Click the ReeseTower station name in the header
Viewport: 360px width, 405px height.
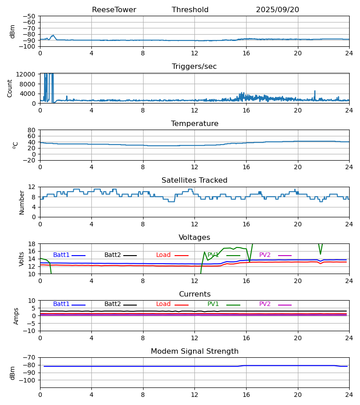[114, 10]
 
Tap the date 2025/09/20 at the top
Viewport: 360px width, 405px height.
[277, 10]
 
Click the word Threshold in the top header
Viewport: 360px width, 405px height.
[190, 10]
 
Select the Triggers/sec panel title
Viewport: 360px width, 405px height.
[194, 67]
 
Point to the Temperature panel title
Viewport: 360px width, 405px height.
[194, 124]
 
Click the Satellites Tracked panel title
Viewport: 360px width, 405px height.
[194, 180]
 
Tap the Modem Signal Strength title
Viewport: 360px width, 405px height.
[194, 351]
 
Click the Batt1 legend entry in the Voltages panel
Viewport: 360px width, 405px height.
[61, 255]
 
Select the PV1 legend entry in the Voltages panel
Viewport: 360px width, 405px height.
[213, 255]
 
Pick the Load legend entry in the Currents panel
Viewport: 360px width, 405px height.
[163, 304]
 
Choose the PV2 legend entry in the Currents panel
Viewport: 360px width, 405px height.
[265, 304]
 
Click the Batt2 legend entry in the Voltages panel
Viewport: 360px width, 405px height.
[112, 255]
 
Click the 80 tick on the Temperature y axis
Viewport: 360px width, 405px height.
[31, 130]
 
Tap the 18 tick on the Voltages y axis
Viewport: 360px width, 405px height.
[31, 244]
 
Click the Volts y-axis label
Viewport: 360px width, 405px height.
[22, 259]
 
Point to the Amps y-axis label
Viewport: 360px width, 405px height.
[16, 316]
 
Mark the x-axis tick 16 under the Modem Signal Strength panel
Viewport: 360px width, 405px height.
[246, 395]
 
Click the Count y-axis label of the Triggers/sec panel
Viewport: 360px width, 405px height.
[10, 88]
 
